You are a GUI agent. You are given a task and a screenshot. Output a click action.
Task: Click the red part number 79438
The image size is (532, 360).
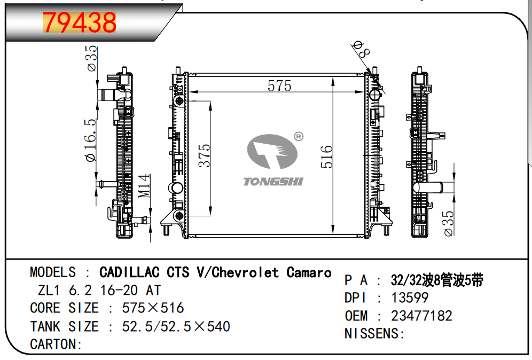click(x=80, y=22)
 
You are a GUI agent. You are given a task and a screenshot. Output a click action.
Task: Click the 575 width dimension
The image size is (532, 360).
click(x=279, y=85)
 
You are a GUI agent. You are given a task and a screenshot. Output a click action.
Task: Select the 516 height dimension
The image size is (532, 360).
click(x=326, y=156)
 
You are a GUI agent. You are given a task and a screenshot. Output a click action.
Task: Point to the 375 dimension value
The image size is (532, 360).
click(x=204, y=155)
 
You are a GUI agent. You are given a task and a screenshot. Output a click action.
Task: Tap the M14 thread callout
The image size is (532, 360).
click(x=144, y=185)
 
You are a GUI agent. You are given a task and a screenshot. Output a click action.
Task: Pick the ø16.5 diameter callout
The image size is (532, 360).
click(x=91, y=140)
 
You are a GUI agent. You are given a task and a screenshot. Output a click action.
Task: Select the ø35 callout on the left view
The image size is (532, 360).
click(x=92, y=58)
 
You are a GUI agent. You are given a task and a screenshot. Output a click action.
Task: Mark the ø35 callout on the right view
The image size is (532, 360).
click(x=448, y=223)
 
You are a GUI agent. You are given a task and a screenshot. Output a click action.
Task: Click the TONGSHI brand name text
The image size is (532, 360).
click(x=273, y=182)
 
